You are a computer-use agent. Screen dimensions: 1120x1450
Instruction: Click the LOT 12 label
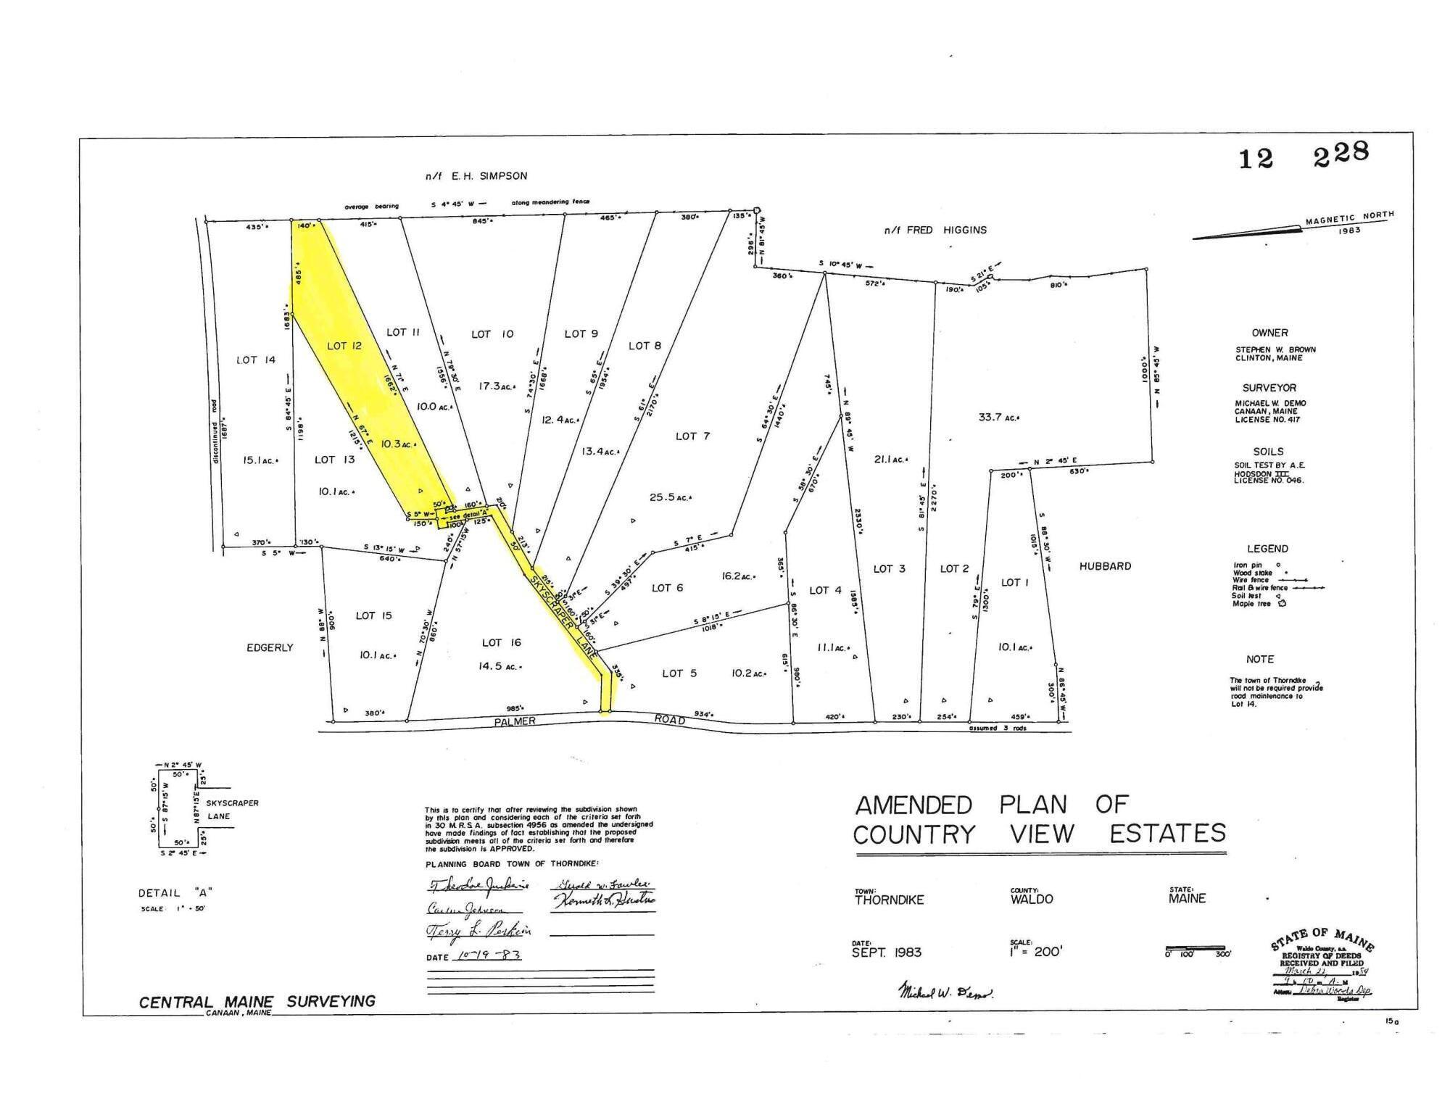click(344, 346)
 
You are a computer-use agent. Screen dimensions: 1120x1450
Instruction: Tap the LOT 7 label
click(692, 436)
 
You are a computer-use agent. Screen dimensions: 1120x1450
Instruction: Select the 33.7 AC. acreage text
click(998, 417)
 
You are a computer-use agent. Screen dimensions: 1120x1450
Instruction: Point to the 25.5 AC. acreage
click(670, 497)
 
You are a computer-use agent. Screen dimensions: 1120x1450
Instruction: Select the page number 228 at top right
click(1341, 154)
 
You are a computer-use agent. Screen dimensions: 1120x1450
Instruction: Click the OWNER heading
click(1269, 333)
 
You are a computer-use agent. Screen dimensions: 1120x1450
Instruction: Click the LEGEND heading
click(1267, 549)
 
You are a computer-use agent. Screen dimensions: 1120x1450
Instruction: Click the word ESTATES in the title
click(1167, 834)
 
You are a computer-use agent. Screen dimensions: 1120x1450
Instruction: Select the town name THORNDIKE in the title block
click(889, 900)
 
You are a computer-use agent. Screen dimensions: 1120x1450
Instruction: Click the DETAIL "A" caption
click(175, 893)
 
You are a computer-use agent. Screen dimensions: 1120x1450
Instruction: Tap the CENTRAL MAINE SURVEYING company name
click(257, 1001)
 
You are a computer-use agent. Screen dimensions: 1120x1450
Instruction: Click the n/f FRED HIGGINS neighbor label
click(935, 230)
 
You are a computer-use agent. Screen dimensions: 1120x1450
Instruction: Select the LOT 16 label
click(501, 642)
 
